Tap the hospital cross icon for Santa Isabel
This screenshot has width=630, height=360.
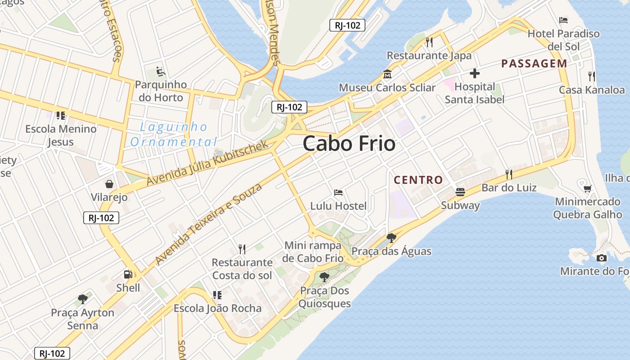(x=474, y=73)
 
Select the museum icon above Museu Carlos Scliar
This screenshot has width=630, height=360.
(x=387, y=74)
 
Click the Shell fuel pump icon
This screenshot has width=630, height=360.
(x=128, y=274)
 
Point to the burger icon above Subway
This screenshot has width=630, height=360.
(x=460, y=192)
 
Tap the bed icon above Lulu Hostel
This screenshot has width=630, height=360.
(x=338, y=193)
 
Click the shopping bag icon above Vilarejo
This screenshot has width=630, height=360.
(x=109, y=184)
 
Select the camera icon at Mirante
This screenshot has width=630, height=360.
(x=601, y=258)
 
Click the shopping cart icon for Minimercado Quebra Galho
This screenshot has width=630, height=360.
(x=587, y=188)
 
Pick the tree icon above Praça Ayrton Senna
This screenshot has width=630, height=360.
(x=82, y=299)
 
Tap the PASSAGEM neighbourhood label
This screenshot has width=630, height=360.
(x=534, y=63)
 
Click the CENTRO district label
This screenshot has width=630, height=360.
(x=418, y=180)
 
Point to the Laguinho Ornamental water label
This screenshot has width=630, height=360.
(x=174, y=135)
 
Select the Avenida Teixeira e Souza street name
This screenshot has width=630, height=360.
(x=208, y=224)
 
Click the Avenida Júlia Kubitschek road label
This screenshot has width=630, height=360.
(x=207, y=163)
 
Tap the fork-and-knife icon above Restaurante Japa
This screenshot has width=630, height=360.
(x=429, y=42)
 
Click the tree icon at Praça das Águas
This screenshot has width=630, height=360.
(x=391, y=238)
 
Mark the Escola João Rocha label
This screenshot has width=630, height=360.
(x=218, y=308)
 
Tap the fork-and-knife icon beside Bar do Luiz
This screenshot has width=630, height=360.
(x=509, y=174)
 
